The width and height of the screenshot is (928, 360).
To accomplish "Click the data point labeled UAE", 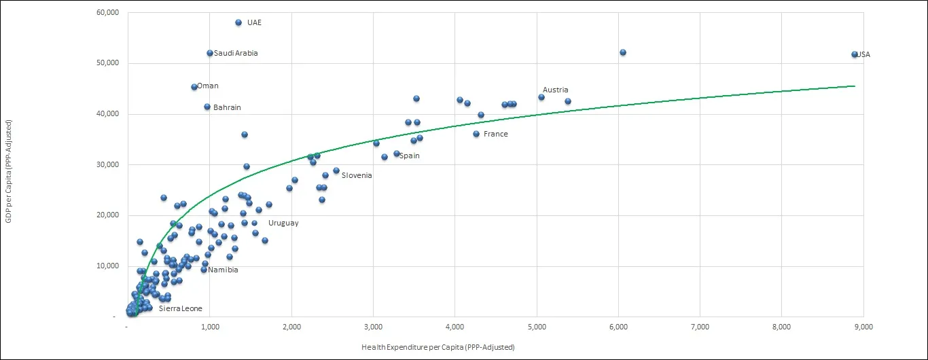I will point(238,22).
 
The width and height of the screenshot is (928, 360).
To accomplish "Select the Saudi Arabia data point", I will point(210,53).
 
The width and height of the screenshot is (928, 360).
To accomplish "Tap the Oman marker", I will point(194,87).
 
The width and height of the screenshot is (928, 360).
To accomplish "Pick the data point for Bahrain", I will point(207,107).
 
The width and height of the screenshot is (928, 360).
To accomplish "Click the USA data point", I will point(855,54).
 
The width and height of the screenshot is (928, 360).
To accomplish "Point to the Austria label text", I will point(555,90).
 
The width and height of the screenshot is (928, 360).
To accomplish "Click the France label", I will point(495,134).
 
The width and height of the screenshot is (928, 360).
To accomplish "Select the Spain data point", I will point(397,154).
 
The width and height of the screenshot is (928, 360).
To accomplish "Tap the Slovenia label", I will point(357,176).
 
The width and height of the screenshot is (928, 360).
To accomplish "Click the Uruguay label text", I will point(283,223).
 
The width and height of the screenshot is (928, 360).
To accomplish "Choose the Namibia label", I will point(223,270).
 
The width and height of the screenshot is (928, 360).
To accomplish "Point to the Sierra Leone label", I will point(180,309).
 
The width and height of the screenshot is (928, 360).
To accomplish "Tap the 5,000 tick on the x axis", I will point(537,327).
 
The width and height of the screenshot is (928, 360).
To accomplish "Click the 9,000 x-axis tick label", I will point(863,327).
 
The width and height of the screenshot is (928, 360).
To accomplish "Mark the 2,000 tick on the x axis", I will point(291,327).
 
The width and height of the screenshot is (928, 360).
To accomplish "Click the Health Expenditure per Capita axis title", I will point(438,348).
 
